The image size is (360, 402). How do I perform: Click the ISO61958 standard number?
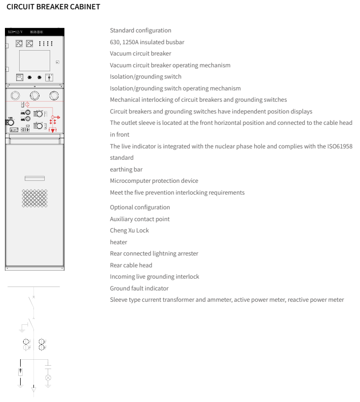340,146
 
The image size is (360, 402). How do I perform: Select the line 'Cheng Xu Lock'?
129,230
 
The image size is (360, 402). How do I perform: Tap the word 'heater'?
119,242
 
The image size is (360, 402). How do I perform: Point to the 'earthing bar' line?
126,170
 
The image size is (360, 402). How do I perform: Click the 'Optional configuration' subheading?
140,207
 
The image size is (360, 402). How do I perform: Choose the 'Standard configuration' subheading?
140,30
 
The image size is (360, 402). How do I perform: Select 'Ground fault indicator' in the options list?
139,288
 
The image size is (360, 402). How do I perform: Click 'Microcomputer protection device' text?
154,181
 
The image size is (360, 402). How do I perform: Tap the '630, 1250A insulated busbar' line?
147,42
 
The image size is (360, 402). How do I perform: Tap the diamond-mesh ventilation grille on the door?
34,198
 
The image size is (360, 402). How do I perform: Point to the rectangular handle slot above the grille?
34,178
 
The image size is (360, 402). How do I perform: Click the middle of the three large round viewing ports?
35,95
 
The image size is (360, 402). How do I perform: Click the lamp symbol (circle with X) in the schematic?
48,377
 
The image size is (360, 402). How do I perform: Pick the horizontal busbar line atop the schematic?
33,287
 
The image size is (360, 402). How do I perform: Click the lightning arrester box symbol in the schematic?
20,372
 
